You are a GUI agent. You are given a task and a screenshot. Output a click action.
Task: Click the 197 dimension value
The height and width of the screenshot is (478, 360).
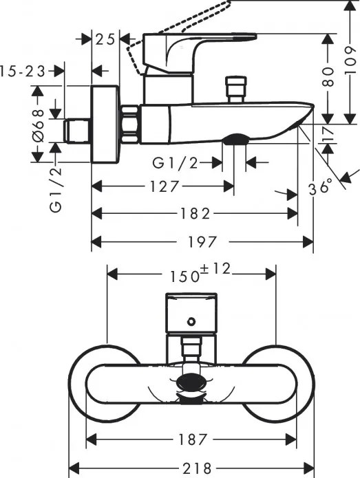click(202, 241)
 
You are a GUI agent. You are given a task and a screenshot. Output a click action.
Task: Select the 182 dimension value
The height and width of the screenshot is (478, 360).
click(195, 214)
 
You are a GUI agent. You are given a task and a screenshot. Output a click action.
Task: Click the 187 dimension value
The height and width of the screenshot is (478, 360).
click(192, 439)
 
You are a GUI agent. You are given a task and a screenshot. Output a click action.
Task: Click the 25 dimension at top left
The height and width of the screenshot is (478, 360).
click(105, 39)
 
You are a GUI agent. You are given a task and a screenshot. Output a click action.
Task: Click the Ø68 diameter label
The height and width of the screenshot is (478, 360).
click(38, 123)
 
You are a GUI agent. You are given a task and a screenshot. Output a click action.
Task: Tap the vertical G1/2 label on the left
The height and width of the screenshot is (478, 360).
click(56, 188)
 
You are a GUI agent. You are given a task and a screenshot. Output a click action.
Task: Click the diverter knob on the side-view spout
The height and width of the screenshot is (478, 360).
click(235, 89)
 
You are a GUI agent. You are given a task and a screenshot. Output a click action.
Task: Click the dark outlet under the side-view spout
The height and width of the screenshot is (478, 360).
click(235, 139)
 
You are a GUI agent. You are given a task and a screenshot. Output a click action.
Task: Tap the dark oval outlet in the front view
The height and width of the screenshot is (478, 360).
click(191, 385)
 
